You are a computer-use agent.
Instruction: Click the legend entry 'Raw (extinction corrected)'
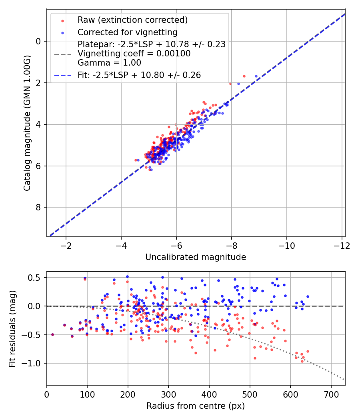point(132,20)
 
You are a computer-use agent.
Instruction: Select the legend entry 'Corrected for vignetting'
point(127,32)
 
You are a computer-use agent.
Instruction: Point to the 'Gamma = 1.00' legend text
point(109,63)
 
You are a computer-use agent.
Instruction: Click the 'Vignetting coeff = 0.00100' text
point(134,54)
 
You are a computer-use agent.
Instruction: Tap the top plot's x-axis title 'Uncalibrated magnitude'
point(196,257)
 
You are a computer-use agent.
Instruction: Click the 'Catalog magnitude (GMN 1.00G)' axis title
point(27,124)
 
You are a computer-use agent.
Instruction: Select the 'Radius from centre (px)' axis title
point(196,406)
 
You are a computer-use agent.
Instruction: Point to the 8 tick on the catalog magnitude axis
point(38,207)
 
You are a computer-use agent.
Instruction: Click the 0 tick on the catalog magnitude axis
point(38,41)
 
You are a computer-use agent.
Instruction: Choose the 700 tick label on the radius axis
point(331,394)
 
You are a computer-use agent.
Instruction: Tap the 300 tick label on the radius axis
point(168,394)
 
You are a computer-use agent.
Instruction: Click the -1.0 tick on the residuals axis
point(34,363)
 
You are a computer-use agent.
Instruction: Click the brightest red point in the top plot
point(244,76)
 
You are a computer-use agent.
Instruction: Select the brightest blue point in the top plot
point(256,76)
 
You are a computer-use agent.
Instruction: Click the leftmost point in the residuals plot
point(52,334)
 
